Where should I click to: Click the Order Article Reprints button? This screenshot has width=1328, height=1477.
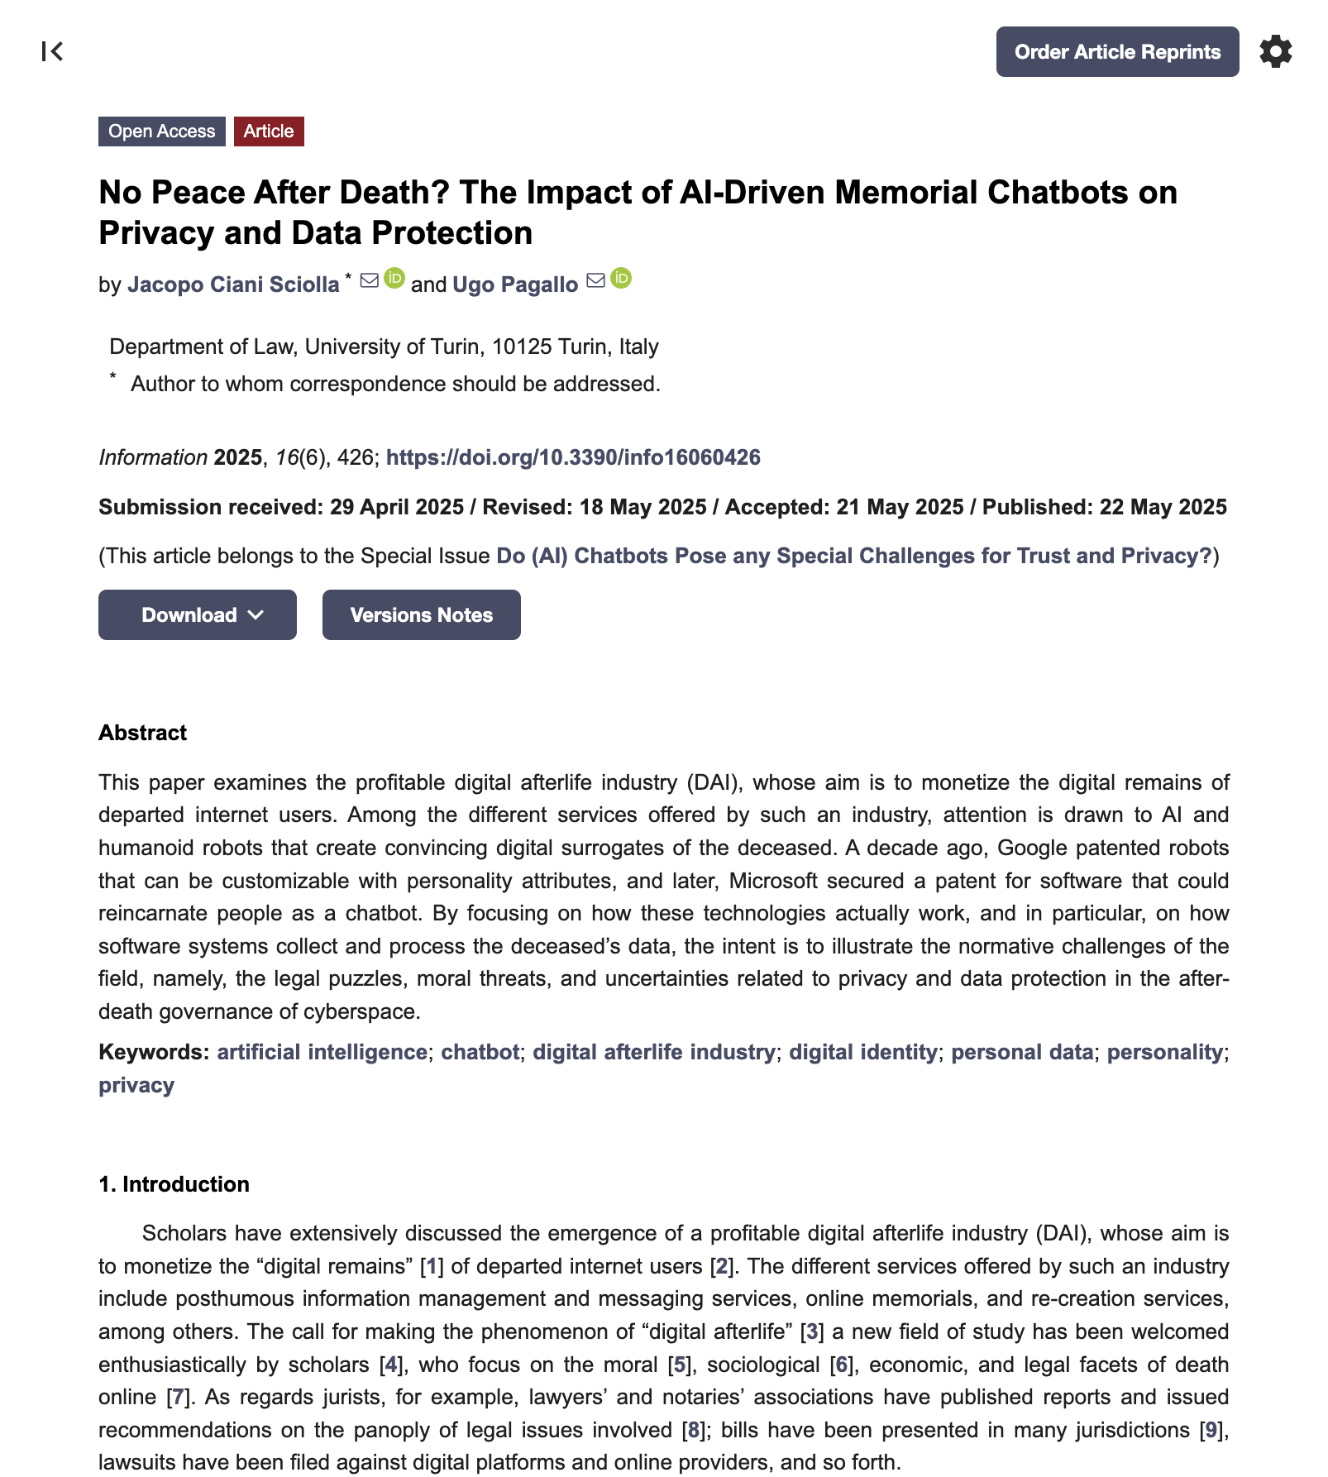[1117, 52]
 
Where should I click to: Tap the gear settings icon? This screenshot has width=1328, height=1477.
[1275, 51]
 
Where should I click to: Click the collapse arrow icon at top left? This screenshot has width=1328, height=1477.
[52, 51]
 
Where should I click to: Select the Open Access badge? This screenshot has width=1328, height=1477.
[162, 131]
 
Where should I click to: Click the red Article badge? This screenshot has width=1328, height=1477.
[269, 131]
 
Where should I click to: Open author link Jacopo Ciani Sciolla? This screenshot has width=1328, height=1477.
[233, 284]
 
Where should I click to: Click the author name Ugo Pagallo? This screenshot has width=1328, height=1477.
[515, 284]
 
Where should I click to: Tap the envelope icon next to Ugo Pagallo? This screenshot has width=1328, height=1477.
[595, 280]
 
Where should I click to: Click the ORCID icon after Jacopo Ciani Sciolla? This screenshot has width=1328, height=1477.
[395, 279]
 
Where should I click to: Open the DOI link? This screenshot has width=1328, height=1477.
[573, 457]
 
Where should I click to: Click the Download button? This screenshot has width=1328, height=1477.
[198, 614]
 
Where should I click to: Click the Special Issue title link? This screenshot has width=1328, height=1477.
[853, 556]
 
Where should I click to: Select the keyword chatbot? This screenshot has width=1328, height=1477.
[480, 1052]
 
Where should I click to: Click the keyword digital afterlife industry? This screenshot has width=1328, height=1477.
[653, 1052]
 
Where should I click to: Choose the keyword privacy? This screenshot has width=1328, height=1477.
[136, 1085]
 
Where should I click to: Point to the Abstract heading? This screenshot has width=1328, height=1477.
[142, 733]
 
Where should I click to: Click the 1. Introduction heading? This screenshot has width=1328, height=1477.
[174, 1184]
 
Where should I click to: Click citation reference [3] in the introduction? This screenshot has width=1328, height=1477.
[812, 1331]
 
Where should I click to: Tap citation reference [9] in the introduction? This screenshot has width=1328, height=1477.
[1211, 1430]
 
